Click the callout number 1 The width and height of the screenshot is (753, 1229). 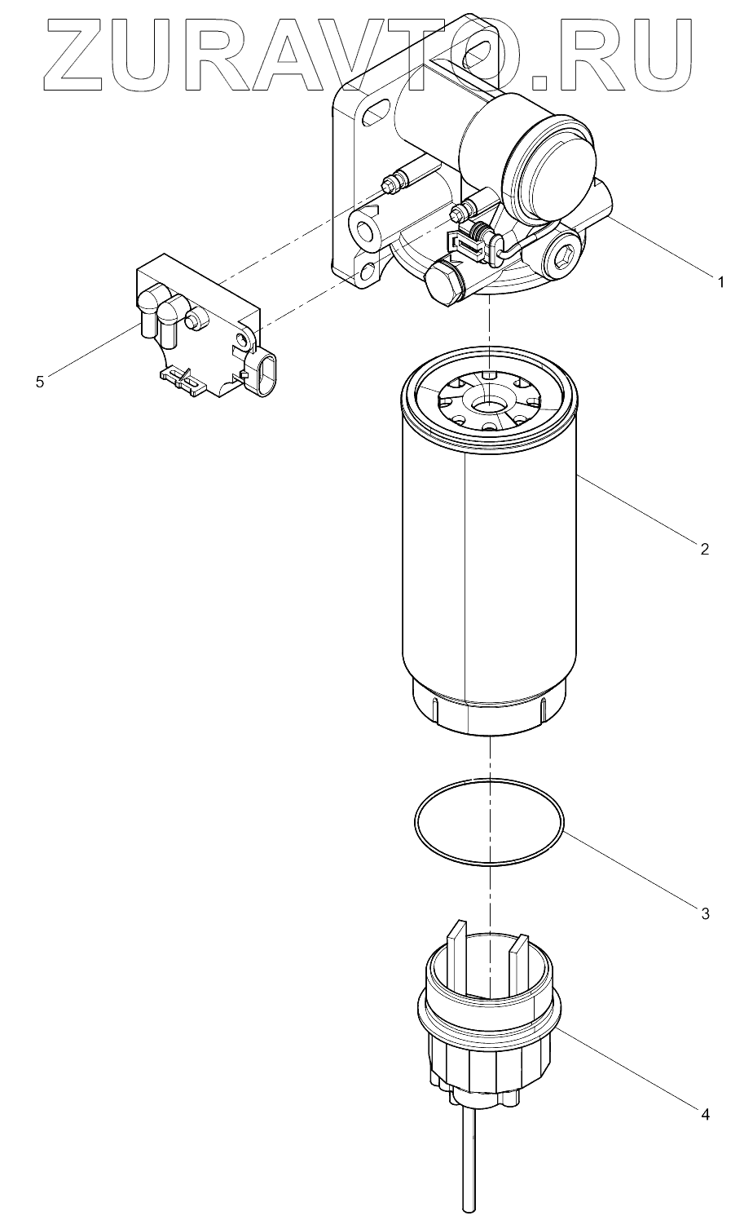pyautogui.click(x=720, y=283)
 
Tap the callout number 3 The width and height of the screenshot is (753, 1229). pyautogui.click(x=705, y=913)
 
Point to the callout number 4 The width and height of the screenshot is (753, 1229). pyautogui.click(x=705, y=1113)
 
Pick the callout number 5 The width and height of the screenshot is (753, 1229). pyautogui.click(x=40, y=381)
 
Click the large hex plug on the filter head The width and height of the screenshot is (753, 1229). pyautogui.click(x=443, y=285)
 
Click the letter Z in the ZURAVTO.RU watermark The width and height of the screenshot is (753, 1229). pyautogui.click(x=77, y=55)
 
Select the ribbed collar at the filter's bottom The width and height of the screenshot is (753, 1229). pyautogui.click(x=489, y=710)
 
